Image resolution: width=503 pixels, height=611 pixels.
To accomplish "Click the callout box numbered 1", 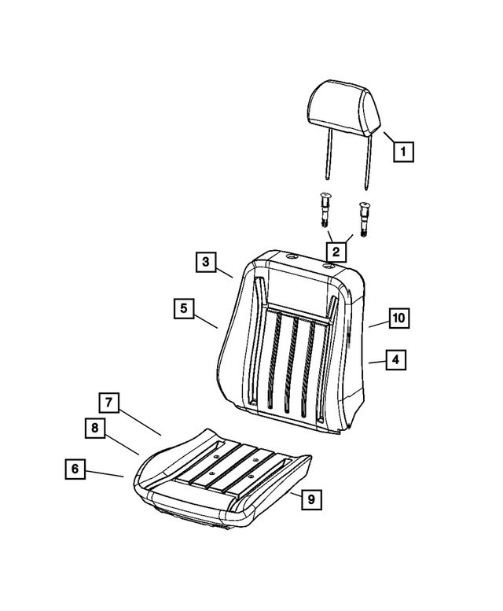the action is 403,151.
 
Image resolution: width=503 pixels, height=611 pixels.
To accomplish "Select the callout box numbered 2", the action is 336,252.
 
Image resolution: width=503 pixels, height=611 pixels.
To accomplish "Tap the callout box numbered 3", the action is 206,262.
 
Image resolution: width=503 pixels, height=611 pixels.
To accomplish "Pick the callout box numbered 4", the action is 396,359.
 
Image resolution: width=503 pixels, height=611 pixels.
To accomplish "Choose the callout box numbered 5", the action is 184,308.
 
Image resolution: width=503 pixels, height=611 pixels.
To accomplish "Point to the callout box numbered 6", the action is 75,469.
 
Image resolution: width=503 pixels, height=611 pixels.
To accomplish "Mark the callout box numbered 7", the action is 109,403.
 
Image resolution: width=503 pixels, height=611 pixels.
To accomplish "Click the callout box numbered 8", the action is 95,429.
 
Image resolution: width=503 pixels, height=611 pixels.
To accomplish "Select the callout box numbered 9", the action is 311,499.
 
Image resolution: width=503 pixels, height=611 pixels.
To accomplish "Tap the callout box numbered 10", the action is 399,318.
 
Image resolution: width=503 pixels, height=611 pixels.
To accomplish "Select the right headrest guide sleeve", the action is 364,219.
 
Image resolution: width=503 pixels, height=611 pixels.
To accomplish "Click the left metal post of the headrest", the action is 329,155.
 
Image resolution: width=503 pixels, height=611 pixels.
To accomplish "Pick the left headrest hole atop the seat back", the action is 292,257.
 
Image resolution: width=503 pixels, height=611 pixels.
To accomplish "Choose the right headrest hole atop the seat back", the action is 330,267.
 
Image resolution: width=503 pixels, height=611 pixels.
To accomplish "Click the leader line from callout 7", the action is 140,422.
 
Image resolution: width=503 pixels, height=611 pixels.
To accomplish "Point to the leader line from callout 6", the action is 105,474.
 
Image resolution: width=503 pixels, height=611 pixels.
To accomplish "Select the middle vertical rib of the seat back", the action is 291,364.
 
